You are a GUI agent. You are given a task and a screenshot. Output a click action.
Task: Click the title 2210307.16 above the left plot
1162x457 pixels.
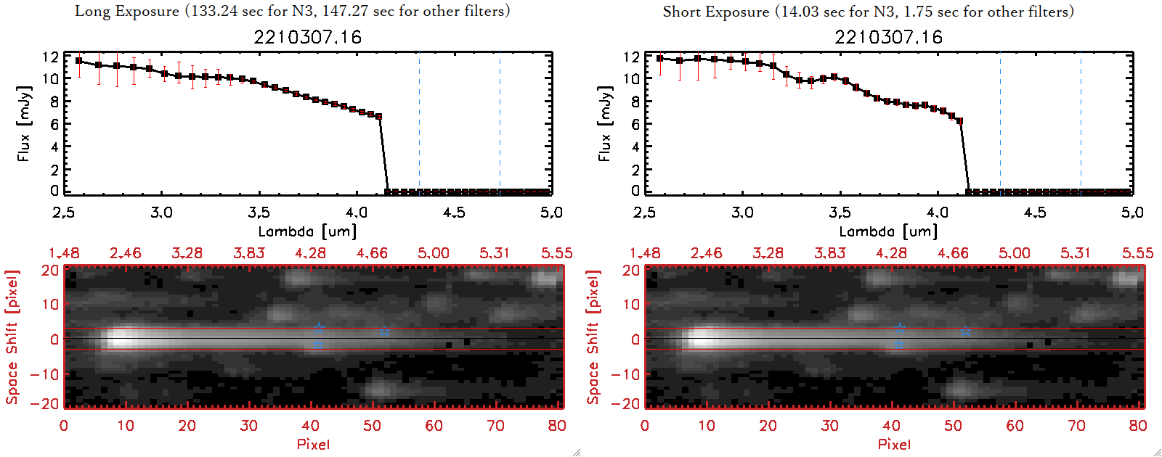(307, 37)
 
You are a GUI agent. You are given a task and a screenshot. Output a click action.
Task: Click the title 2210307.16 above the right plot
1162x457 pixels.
(888, 37)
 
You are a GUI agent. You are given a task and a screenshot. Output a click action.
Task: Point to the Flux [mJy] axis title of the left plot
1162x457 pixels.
(24, 124)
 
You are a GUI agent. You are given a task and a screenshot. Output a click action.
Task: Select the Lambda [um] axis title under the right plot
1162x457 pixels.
(888, 231)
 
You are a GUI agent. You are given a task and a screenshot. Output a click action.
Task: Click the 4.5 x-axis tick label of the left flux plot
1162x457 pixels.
(454, 213)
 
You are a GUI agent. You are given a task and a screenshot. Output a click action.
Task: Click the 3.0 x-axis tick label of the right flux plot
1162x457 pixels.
(742, 213)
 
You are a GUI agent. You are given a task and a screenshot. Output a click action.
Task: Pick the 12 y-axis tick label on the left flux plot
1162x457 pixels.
(50, 57)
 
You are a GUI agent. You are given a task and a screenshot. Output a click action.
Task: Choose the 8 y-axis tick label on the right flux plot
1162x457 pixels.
(635, 102)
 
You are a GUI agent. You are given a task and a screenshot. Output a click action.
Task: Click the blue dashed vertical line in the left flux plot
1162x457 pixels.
(500, 123)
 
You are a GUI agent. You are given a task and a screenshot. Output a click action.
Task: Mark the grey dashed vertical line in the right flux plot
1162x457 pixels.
(1000, 123)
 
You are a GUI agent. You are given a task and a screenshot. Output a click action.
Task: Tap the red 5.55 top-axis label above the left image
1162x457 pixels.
(556, 253)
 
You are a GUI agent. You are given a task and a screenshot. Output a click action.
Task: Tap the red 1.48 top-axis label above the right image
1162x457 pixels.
(645, 253)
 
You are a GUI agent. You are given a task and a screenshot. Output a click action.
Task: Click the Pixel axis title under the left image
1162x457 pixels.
(313, 444)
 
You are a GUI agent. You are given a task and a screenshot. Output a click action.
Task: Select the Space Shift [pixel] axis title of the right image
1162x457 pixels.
(593, 337)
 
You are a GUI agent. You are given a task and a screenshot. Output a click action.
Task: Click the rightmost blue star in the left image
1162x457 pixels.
(384, 331)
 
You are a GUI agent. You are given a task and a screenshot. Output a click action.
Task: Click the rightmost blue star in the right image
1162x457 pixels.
(964, 331)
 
